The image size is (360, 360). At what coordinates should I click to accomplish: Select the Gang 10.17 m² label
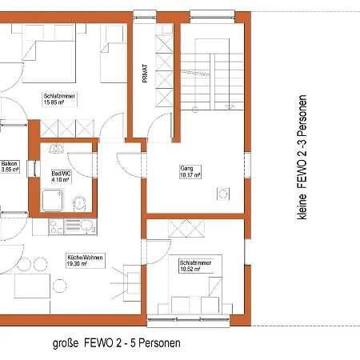[x=190, y=170]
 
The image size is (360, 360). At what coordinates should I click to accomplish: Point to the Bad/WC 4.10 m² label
[x=61, y=176]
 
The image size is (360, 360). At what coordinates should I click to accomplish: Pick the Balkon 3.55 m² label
[x=10, y=166]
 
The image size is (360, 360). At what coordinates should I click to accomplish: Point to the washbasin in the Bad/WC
[x=56, y=150]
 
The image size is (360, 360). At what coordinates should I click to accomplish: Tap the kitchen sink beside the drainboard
[x=86, y=227]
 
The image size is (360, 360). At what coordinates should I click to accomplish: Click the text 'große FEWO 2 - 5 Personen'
[x=116, y=342]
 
